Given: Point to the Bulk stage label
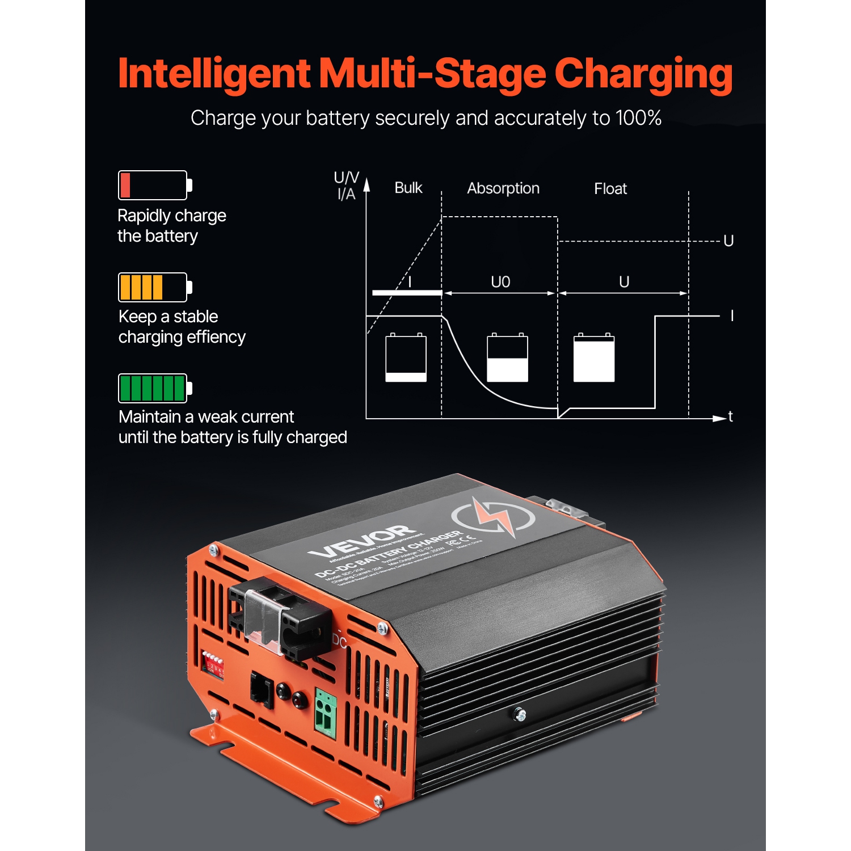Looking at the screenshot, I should click(408, 188).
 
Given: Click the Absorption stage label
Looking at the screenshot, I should click(503, 188).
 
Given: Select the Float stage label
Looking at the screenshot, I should click(610, 188).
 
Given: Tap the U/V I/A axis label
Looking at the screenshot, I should click(346, 186).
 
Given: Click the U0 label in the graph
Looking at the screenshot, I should click(500, 282).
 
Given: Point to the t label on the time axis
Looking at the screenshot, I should click(730, 416).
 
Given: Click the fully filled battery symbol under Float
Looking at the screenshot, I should click(593, 357).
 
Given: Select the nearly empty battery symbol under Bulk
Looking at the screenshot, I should click(406, 357).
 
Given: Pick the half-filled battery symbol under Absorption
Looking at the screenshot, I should click(507, 357).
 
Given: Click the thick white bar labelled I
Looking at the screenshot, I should click(407, 293).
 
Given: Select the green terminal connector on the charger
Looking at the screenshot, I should click(325, 713).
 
